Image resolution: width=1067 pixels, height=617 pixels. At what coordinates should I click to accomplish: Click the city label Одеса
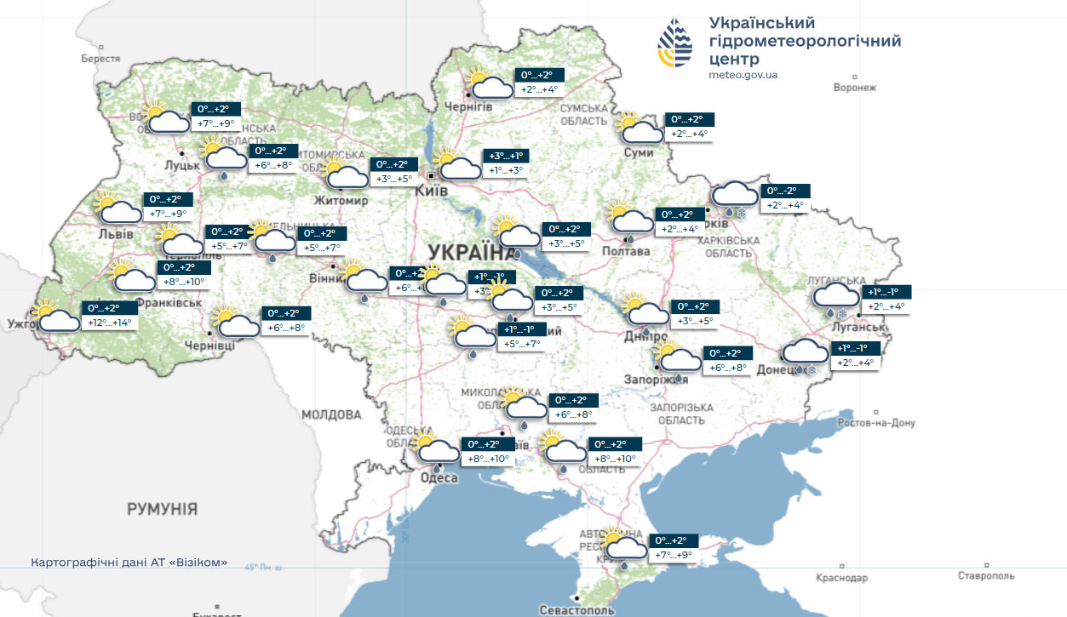point(439,478)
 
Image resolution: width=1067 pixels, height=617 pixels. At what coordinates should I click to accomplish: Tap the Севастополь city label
point(577,609)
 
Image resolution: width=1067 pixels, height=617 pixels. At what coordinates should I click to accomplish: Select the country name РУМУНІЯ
point(162,509)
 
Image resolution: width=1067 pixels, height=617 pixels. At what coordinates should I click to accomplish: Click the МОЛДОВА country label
point(331,414)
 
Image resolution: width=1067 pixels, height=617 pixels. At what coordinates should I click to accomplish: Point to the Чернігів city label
point(469,106)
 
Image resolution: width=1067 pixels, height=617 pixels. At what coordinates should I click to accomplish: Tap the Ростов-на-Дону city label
point(876,423)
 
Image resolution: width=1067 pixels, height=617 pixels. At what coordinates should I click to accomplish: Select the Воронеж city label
point(855,88)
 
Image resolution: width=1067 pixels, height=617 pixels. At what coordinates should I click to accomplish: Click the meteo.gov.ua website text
point(743,75)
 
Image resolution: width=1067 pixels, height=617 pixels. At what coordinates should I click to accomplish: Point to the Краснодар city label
point(841,578)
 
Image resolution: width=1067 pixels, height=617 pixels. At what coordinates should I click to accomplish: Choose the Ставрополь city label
point(986,576)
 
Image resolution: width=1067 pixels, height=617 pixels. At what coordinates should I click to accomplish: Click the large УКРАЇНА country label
point(466,252)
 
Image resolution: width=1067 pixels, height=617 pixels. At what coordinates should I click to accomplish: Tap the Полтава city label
point(626,251)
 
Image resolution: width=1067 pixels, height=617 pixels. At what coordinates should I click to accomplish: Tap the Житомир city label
point(341,201)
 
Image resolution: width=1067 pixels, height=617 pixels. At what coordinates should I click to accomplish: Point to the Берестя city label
point(100,59)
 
